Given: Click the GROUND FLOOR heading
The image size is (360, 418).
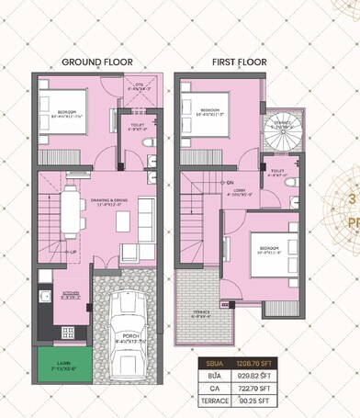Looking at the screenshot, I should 96,62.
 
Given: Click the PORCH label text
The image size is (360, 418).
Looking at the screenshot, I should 129,336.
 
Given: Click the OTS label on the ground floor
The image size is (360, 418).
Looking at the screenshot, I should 139,85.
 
